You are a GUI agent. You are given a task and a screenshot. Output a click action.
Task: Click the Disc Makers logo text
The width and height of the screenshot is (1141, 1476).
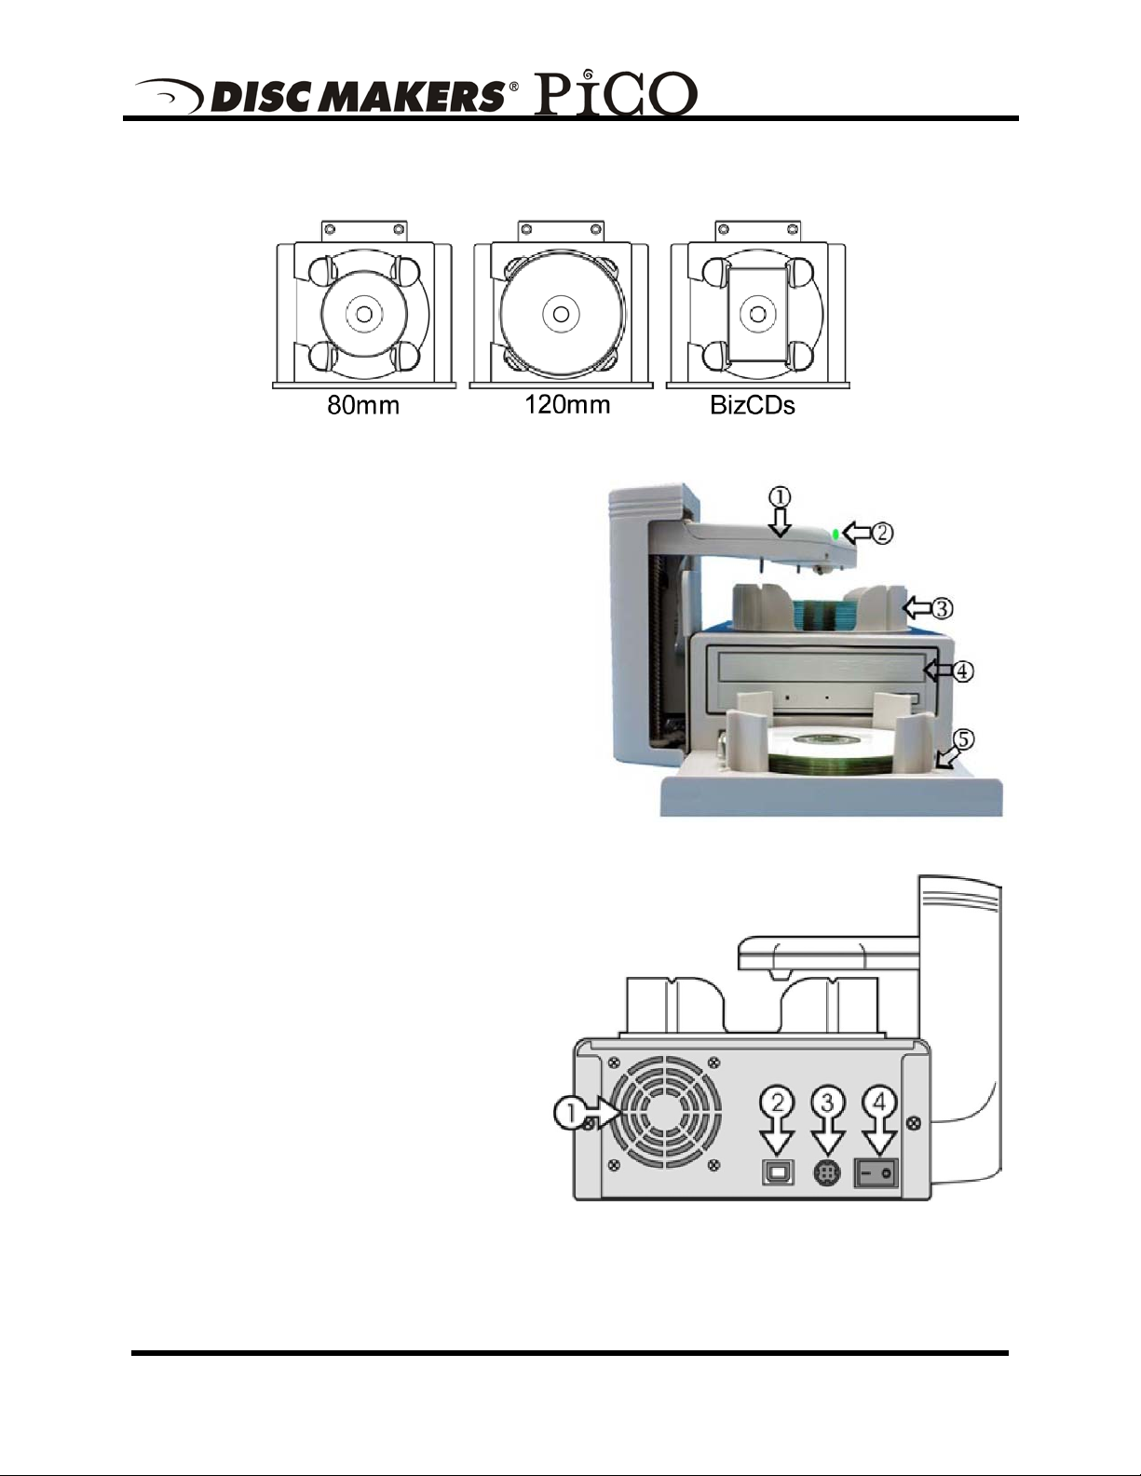coord(358,97)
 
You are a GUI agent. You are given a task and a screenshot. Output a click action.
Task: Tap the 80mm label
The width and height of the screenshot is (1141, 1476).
coord(363,405)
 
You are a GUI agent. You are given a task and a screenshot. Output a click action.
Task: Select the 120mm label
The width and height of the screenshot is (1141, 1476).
coord(567,405)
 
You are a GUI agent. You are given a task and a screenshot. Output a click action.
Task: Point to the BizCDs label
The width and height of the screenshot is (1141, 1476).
coord(753,405)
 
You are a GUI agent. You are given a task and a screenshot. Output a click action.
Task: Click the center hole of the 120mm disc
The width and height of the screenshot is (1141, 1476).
coord(561,314)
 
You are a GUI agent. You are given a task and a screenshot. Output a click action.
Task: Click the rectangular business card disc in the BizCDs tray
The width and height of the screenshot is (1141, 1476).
coord(757,313)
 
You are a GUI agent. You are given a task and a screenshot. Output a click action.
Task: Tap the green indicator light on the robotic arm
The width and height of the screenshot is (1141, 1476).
coord(835,534)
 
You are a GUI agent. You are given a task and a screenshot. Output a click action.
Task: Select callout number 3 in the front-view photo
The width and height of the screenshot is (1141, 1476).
coord(942,608)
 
